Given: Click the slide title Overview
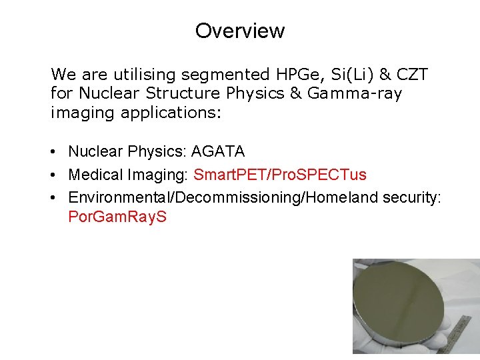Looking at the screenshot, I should (x=240, y=31).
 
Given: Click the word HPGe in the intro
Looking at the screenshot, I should (x=290, y=73).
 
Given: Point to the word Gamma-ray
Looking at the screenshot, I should (x=355, y=93).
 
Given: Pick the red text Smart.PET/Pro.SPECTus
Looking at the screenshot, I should (x=280, y=175).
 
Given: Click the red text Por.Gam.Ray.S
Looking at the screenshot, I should (x=117, y=217).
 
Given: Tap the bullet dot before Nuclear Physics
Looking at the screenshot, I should (x=54, y=153).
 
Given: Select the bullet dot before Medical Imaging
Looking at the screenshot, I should (x=54, y=175).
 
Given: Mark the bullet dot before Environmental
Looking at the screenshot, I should (x=54, y=198).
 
